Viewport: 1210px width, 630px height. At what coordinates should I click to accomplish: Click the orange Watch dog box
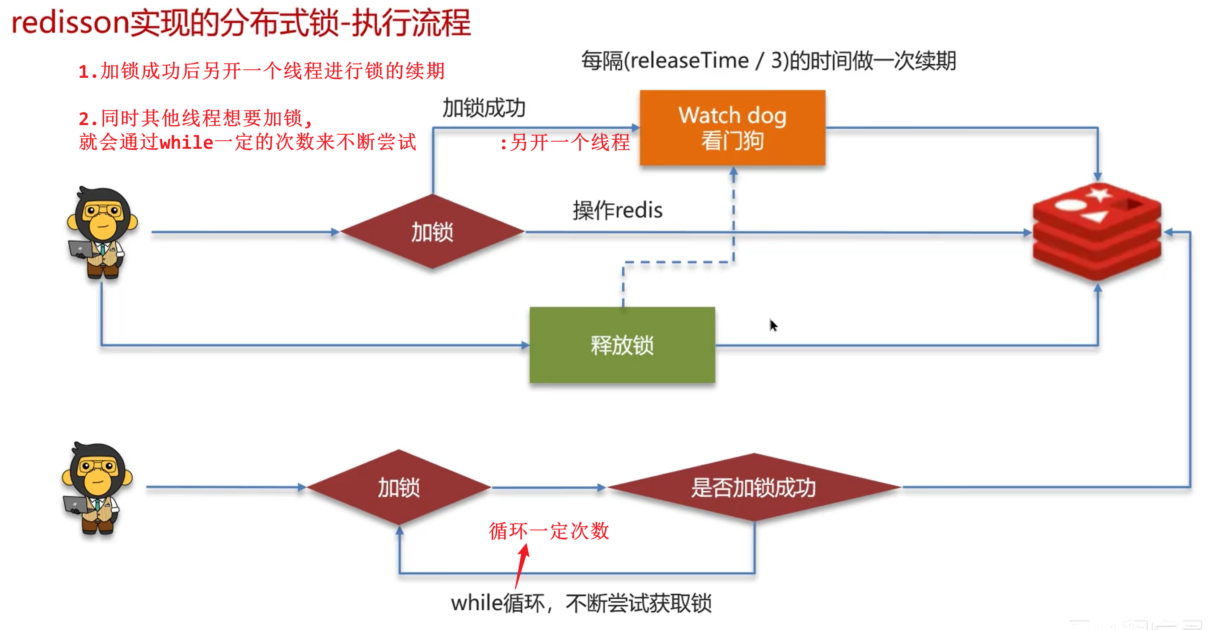tap(732, 127)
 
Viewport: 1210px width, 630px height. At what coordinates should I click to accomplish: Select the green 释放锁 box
tap(622, 345)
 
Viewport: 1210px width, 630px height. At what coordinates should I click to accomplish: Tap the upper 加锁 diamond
tap(432, 232)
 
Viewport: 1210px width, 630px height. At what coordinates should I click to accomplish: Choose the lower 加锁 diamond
tap(399, 487)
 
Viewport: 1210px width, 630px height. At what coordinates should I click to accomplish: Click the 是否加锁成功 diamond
tap(754, 487)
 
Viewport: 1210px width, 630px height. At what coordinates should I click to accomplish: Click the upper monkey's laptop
tap(80, 248)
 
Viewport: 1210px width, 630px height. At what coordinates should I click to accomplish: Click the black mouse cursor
tap(773, 325)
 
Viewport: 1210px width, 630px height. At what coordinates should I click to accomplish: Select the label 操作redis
tap(617, 210)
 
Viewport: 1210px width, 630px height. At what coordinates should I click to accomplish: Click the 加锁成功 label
tap(484, 108)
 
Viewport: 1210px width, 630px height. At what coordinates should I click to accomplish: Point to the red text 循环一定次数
tap(548, 531)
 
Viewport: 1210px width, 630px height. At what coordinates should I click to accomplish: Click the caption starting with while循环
tap(581, 603)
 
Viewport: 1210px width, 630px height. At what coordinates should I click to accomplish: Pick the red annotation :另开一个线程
tap(565, 142)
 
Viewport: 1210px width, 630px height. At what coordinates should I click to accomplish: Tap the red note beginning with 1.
tap(261, 71)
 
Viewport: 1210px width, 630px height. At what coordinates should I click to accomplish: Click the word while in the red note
tap(186, 142)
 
